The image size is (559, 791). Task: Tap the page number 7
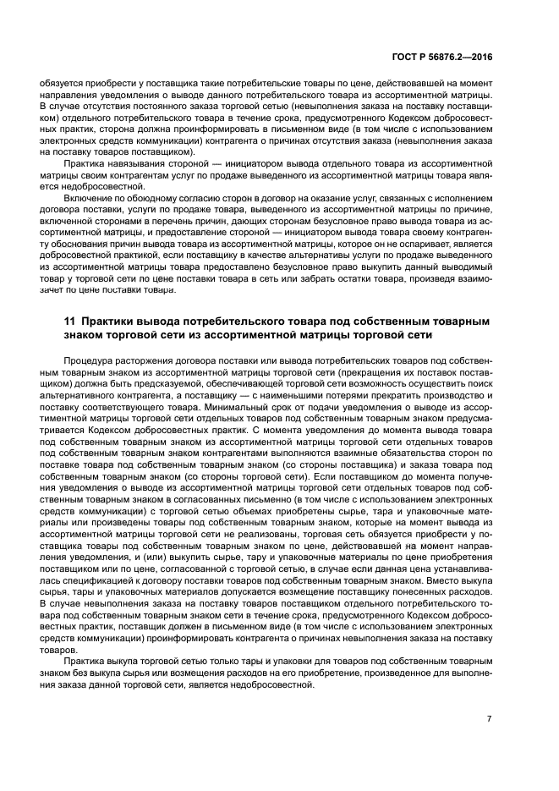click(x=489, y=718)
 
